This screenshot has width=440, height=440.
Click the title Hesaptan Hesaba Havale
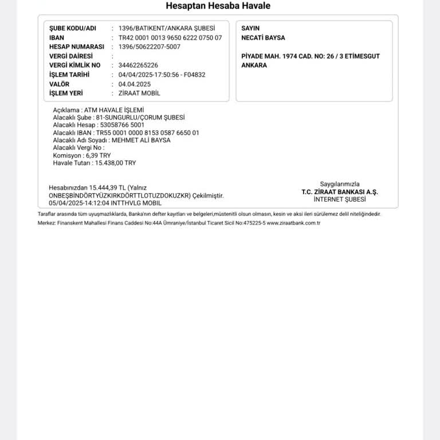pos(218,6)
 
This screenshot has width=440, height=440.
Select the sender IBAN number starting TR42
pos(170,37)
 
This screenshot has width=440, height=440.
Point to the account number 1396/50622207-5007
pos(149,46)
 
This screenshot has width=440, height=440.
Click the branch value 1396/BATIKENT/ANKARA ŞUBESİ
pos(167,28)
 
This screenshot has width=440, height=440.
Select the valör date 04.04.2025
pos(135,84)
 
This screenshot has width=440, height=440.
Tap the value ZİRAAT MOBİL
pos(139,93)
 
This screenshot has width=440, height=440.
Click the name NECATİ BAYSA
pos(263,38)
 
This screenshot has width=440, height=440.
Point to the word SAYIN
pos(250,28)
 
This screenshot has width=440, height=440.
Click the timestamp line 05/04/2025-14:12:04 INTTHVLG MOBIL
pos(105,203)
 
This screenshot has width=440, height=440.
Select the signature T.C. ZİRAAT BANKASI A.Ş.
pos(340,192)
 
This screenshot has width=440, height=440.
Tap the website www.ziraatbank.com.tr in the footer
pos(293,223)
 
